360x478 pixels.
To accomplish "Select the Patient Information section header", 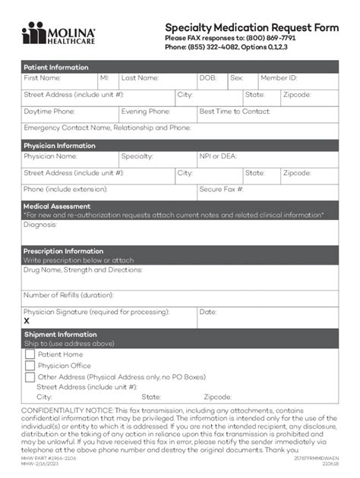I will click(x=55, y=67).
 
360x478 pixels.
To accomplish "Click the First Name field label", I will click(x=42, y=78).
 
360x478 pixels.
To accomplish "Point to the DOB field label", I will click(x=207, y=78).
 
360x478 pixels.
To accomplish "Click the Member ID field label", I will click(x=279, y=78).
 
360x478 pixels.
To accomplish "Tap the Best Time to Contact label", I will click(x=234, y=112).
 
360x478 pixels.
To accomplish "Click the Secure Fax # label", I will click(x=221, y=189).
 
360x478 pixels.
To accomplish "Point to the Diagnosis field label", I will click(x=40, y=225).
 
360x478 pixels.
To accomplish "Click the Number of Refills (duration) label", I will click(x=68, y=295).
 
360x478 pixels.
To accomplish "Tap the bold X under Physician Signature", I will click(x=27, y=321).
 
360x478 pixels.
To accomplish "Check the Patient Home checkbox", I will click(x=30, y=354).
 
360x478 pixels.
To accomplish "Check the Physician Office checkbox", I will click(x=30, y=366).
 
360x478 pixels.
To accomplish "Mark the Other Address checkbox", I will click(x=30, y=377).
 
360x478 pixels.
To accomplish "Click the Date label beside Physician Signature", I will click(x=207, y=312).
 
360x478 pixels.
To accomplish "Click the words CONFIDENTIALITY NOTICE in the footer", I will click(x=67, y=410).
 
